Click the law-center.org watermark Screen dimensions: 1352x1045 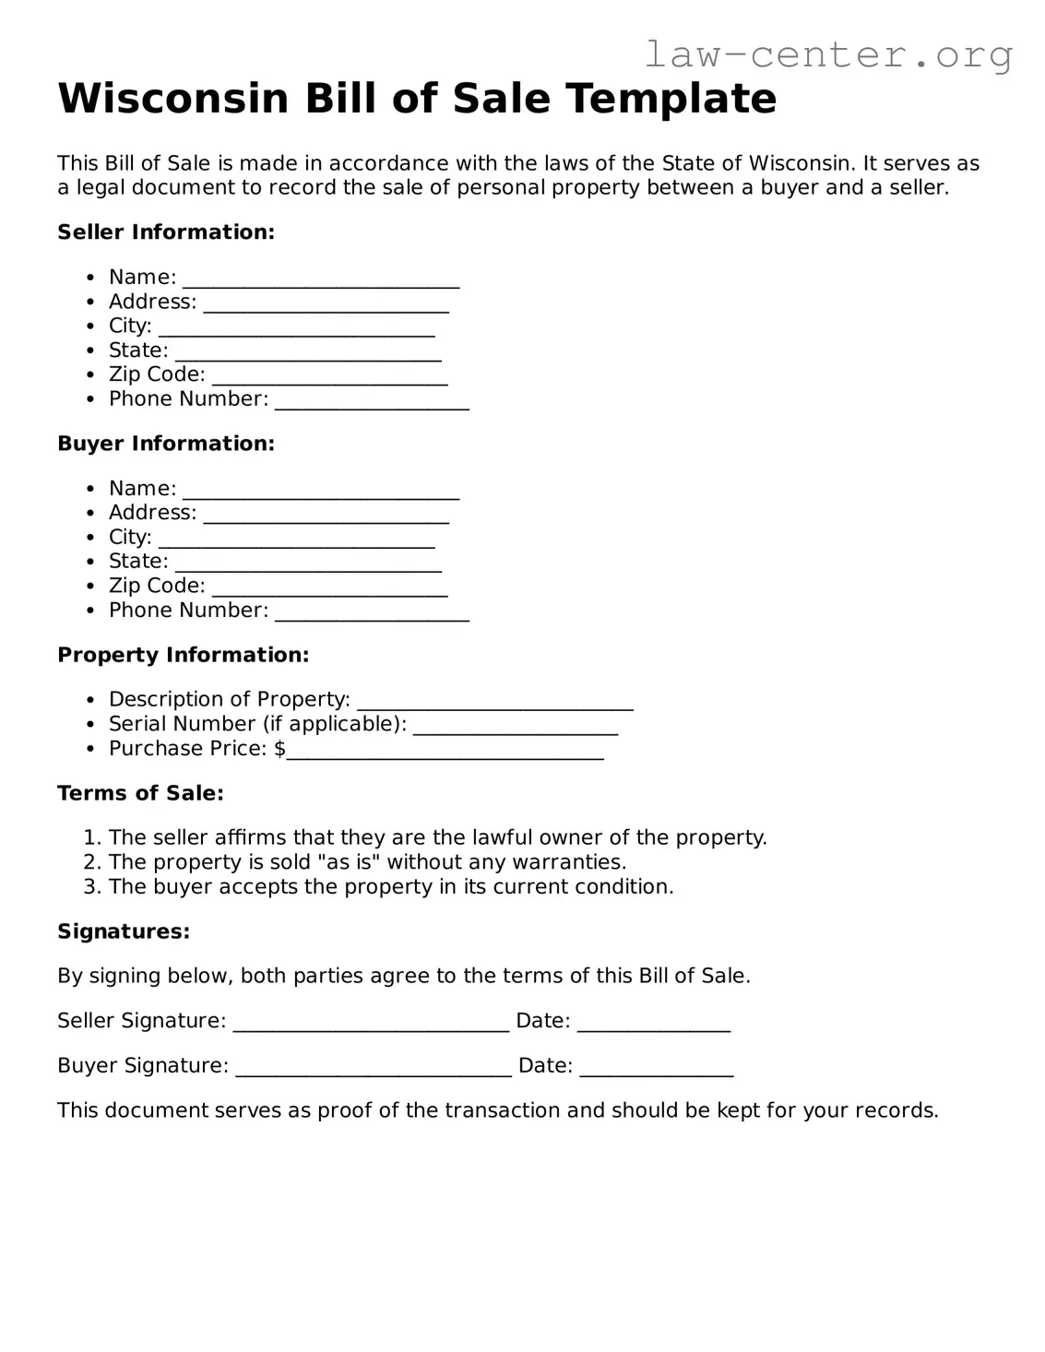pos(827,54)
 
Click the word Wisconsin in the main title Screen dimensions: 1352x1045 pos(173,99)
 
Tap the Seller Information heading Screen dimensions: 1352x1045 pos(166,232)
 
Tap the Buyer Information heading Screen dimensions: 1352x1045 pos(166,444)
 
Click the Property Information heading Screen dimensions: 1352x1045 pos(183,655)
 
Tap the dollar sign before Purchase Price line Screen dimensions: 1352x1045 pos(279,749)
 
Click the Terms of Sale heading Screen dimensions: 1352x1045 pos(140,793)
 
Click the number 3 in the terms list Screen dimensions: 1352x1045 pos(90,887)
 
